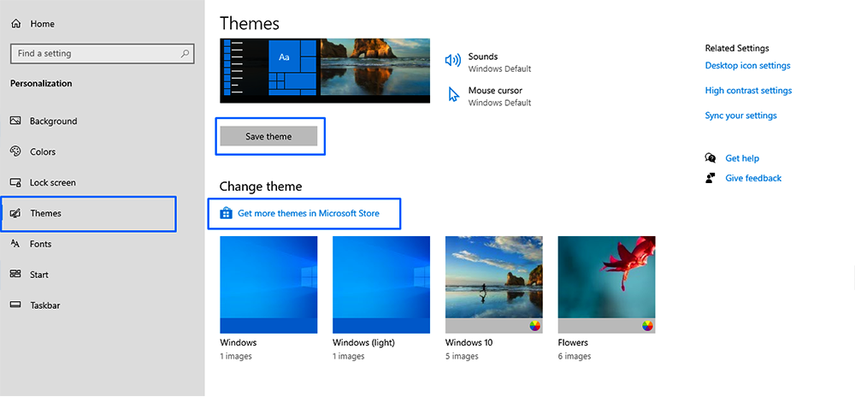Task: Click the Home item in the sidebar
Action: [41, 24]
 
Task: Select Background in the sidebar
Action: [53, 121]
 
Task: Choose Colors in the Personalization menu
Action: [43, 152]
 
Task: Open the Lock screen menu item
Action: [52, 183]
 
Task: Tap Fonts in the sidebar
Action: [40, 245]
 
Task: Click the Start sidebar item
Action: [38, 276]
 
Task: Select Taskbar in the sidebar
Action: [44, 305]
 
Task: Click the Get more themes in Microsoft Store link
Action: [308, 213]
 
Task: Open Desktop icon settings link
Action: [747, 66]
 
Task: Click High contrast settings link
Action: [748, 91]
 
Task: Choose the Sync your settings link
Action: [740, 116]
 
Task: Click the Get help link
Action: [741, 158]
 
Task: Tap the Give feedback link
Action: [752, 178]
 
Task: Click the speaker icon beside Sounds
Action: [453, 61]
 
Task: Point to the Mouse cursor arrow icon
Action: [454, 95]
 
